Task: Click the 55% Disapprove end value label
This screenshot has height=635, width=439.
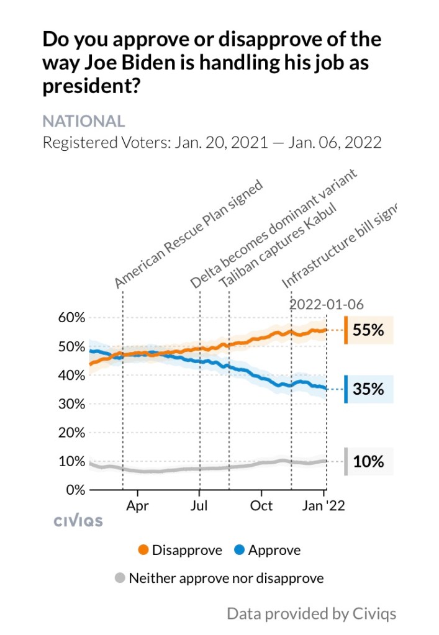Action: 368,330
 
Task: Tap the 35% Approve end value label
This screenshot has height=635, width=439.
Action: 368,390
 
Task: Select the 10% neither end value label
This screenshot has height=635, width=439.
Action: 368,462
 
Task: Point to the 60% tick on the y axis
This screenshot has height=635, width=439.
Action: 71,318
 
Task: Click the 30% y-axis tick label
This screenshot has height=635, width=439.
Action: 71,404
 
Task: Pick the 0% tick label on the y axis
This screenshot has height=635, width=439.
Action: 75,490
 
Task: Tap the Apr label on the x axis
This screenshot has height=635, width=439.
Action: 137,506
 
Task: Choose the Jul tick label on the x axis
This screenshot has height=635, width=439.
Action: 199,506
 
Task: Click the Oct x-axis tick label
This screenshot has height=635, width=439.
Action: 261,506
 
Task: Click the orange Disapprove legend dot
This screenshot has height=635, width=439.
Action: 143,550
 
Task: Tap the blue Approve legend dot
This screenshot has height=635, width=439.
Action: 238,550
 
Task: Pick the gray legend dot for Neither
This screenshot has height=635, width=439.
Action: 120,579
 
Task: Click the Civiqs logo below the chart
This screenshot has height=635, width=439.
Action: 78,521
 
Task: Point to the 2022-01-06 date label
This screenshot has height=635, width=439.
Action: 327,305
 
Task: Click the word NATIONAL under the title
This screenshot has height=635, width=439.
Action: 83,121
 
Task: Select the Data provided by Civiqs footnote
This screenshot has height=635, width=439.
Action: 311,614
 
